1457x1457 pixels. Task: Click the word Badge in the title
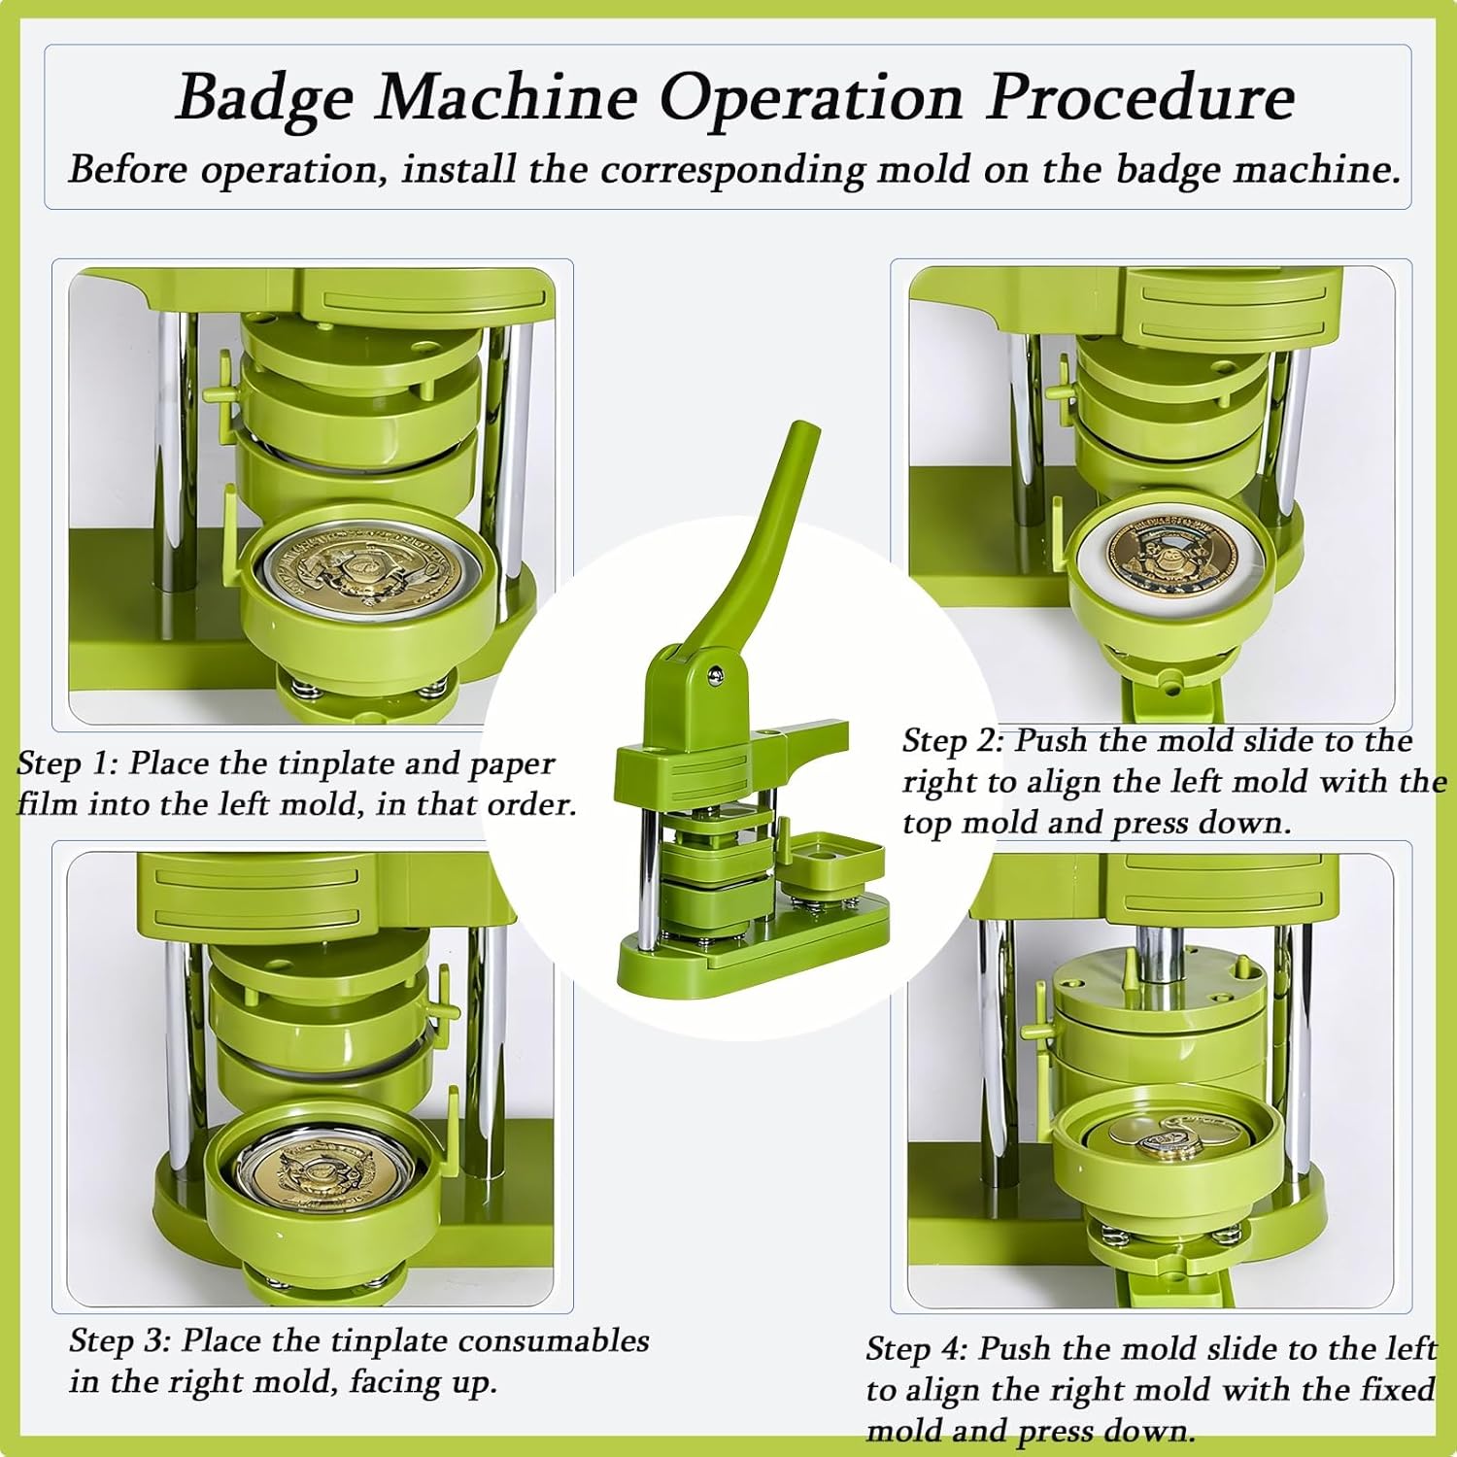tap(264, 98)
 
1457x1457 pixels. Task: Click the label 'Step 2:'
tap(953, 741)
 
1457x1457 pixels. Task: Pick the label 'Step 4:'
tap(917, 1349)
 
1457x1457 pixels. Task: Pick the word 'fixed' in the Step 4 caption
tap(1399, 1389)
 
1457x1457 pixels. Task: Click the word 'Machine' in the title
tap(505, 97)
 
